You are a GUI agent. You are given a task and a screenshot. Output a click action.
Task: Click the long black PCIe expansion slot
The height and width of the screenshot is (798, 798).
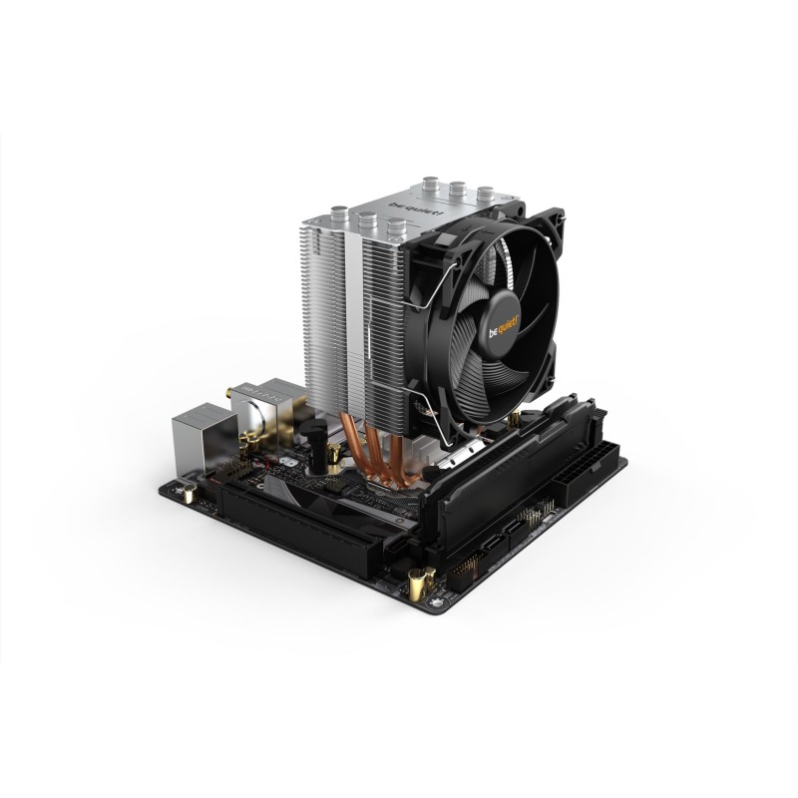click(299, 519)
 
